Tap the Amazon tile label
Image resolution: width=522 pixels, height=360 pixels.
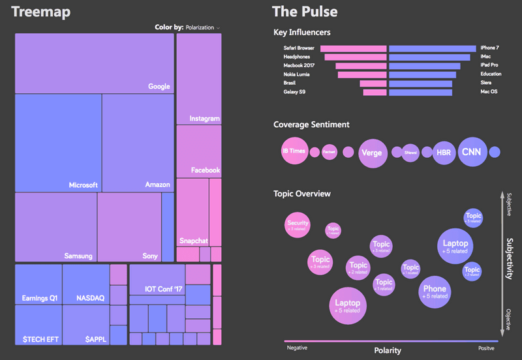[x=157, y=185]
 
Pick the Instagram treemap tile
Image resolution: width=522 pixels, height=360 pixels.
[x=198, y=78]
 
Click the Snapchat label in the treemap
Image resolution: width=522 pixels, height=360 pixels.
[x=194, y=241]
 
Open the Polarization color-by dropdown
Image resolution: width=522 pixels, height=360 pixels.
[x=202, y=27]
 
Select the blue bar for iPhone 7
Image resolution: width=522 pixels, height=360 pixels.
[x=432, y=48]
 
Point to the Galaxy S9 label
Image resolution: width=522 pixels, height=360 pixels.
[x=294, y=93]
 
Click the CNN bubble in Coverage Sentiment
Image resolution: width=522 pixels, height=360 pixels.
[x=470, y=152]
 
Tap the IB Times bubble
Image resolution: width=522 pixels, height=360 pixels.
[x=294, y=151]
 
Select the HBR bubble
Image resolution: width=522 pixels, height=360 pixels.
[x=444, y=153]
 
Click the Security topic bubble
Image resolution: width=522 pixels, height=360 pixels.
[x=298, y=226]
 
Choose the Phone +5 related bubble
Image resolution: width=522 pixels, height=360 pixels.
[x=435, y=292]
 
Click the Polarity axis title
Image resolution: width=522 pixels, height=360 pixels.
[x=388, y=350]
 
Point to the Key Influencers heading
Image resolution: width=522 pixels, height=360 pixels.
[x=301, y=32]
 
